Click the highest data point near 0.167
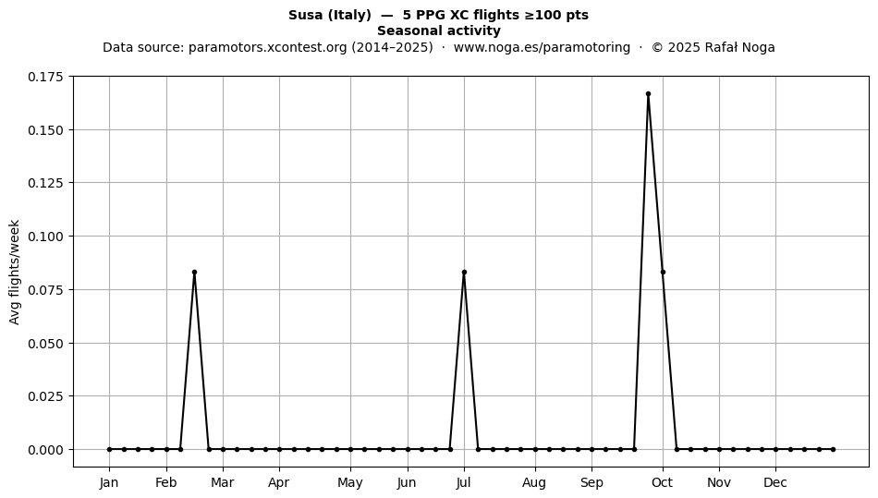click(649, 94)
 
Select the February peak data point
click(194, 272)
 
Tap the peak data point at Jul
click(464, 272)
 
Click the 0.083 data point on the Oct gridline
click(663, 272)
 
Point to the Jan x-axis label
click(109, 482)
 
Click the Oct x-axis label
click(663, 482)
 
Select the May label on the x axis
click(350, 482)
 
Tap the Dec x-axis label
click(775, 482)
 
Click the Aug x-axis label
click(534, 482)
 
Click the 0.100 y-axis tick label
click(46, 237)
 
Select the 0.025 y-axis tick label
click(46, 396)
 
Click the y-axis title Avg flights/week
click(15, 272)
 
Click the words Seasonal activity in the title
click(439, 30)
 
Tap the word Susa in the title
click(306, 15)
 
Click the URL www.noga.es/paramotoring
click(542, 47)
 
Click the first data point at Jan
click(110, 449)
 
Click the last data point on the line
click(834, 449)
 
